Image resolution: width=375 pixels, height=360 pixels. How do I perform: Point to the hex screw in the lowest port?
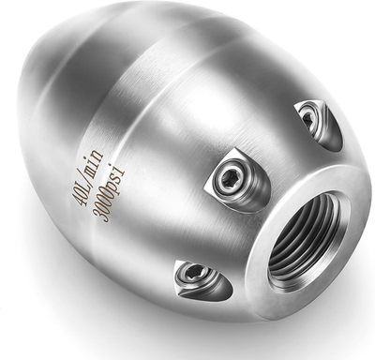pyautogui.click(x=196, y=273)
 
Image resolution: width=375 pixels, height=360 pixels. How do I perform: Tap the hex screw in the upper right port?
pyautogui.click(x=309, y=117)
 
